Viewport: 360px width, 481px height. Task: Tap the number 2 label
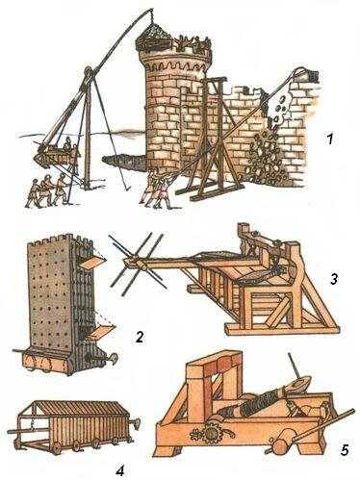point(140,337)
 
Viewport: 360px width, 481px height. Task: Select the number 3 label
point(334,279)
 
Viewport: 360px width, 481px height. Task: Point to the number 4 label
point(120,470)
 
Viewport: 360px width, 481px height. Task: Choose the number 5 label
point(345,449)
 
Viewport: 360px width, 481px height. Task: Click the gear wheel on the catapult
point(211,433)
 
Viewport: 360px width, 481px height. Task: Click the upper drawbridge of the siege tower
point(92,263)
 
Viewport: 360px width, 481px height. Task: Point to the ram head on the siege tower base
point(114,358)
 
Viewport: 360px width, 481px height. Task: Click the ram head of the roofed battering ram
point(137,423)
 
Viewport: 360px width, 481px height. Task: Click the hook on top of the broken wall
point(300,72)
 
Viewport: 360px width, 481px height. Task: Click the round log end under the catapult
point(282,446)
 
